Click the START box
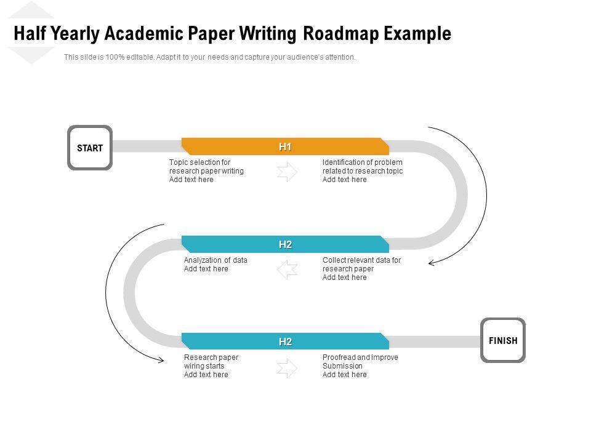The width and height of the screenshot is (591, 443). click(x=90, y=148)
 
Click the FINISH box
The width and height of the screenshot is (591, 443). click(x=503, y=340)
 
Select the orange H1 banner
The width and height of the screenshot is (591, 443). click(x=285, y=146)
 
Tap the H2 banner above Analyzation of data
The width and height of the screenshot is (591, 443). click(x=285, y=244)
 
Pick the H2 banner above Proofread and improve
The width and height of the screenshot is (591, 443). click(x=285, y=341)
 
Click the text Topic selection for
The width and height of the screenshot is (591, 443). click(x=199, y=162)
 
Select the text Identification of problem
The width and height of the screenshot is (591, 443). click(x=362, y=162)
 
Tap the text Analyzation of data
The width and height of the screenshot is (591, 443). click(x=215, y=260)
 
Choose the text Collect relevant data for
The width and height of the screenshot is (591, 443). click(x=361, y=260)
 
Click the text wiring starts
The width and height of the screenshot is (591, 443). click(x=204, y=366)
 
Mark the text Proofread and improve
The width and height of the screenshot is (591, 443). click(x=360, y=357)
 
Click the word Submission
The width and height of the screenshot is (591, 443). click(x=342, y=366)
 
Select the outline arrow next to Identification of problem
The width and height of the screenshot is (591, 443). click(x=287, y=172)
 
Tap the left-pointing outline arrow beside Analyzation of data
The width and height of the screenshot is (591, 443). click(x=287, y=269)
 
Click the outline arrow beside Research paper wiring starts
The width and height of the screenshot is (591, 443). click(x=287, y=367)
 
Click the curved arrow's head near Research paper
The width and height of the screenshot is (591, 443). click(x=161, y=361)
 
